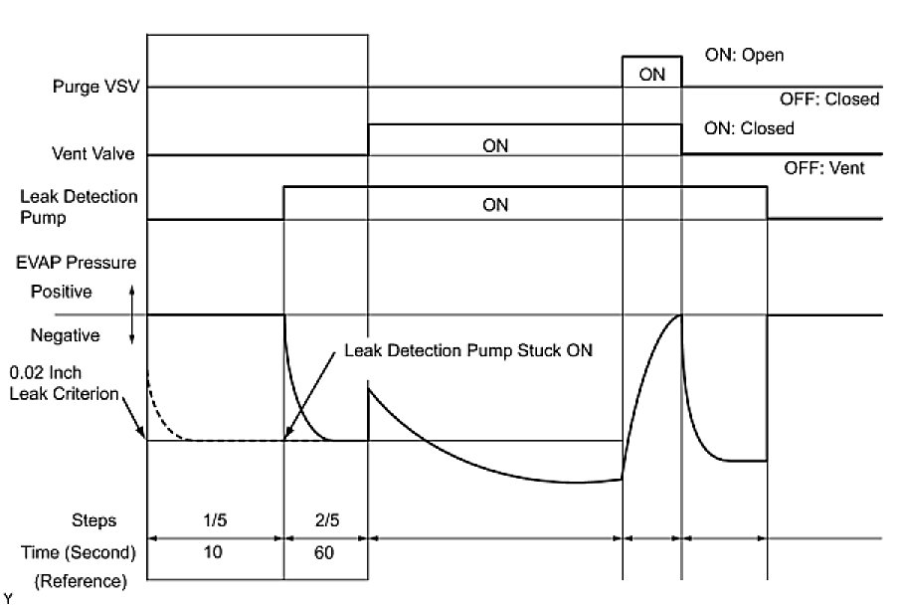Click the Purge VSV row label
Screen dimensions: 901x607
[x=95, y=87]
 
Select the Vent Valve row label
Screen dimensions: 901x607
[x=93, y=154]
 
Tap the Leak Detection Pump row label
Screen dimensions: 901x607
[x=80, y=206]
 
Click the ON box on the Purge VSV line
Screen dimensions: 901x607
[x=652, y=73]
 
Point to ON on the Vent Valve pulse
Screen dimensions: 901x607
[x=494, y=145]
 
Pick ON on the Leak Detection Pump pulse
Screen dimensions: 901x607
[x=494, y=205]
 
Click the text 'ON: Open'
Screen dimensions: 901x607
[x=743, y=56]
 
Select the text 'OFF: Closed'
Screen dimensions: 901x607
[x=832, y=100]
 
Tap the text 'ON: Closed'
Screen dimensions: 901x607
[x=749, y=128]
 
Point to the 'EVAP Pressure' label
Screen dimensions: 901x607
[x=77, y=264]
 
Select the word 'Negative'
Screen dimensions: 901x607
[x=65, y=335]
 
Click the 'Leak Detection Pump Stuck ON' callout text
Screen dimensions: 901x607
[x=467, y=351]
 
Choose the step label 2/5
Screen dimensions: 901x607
[x=325, y=520]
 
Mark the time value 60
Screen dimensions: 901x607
[x=325, y=552]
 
